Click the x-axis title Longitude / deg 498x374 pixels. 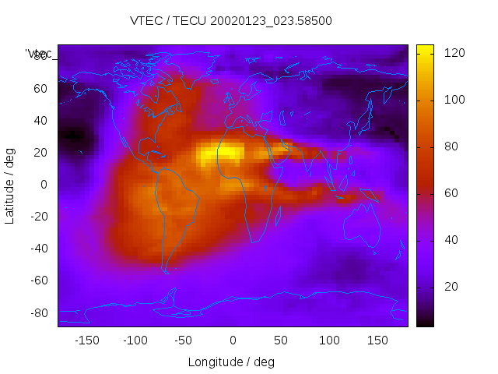[x=231, y=362]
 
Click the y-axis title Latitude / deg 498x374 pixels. [x=10, y=184]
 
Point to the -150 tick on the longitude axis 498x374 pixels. [x=86, y=340]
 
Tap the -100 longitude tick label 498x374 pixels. [x=135, y=340]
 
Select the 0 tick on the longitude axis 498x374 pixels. [x=232, y=340]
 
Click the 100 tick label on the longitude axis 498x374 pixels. [x=329, y=340]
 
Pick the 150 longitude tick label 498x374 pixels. [x=377, y=340]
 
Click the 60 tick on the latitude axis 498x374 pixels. [x=40, y=89]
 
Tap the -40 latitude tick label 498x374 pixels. [x=37, y=249]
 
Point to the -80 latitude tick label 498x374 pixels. [x=37, y=312]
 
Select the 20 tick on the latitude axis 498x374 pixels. [x=40, y=153]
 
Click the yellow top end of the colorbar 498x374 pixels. [x=425, y=48]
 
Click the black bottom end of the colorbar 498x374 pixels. [x=425, y=323]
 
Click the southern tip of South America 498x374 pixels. [x=165, y=270]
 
